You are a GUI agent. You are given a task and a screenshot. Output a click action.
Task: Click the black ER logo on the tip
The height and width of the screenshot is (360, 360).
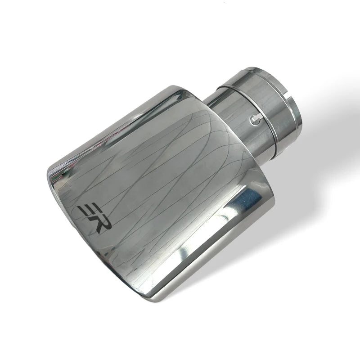94,219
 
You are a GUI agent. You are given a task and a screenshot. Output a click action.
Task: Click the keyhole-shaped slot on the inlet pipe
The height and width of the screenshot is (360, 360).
256,119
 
